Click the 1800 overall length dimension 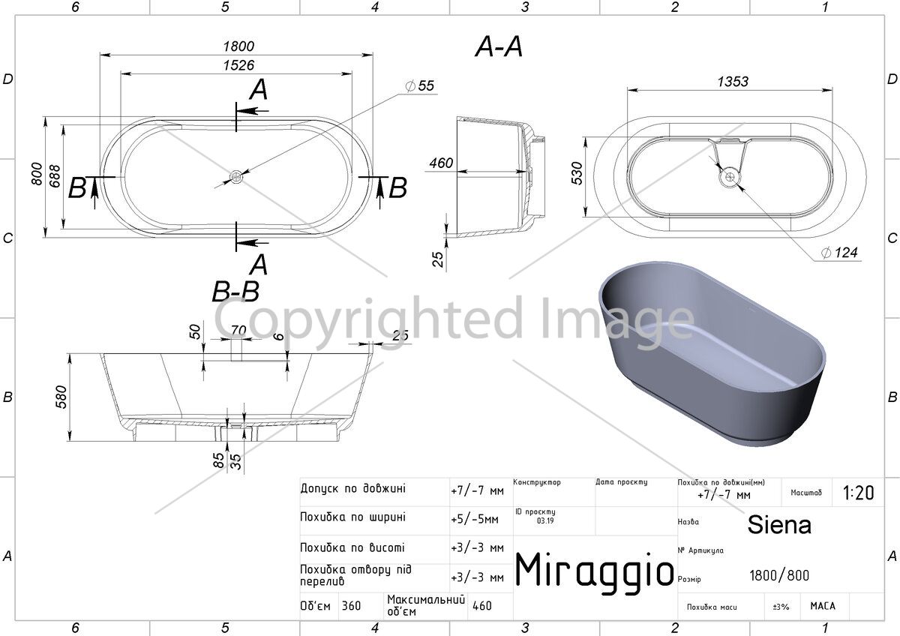pyautogui.click(x=238, y=46)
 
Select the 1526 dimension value pyautogui.click(x=238, y=65)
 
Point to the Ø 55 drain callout pyautogui.click(x=420, y=85)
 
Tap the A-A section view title pyautogui.click(x=499, y=46)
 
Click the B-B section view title pyautogui.click(x=235, y=291)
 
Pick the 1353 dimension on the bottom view pyautogui.click(x=733, y=82)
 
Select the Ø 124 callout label pyautogui.click(x=839, y=252)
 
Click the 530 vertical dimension pyautogui.click(x=577, y=173)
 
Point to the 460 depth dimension pyautogui.click(x=441, y=163)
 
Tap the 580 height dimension pyautogui.click(x=61, y=397)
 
